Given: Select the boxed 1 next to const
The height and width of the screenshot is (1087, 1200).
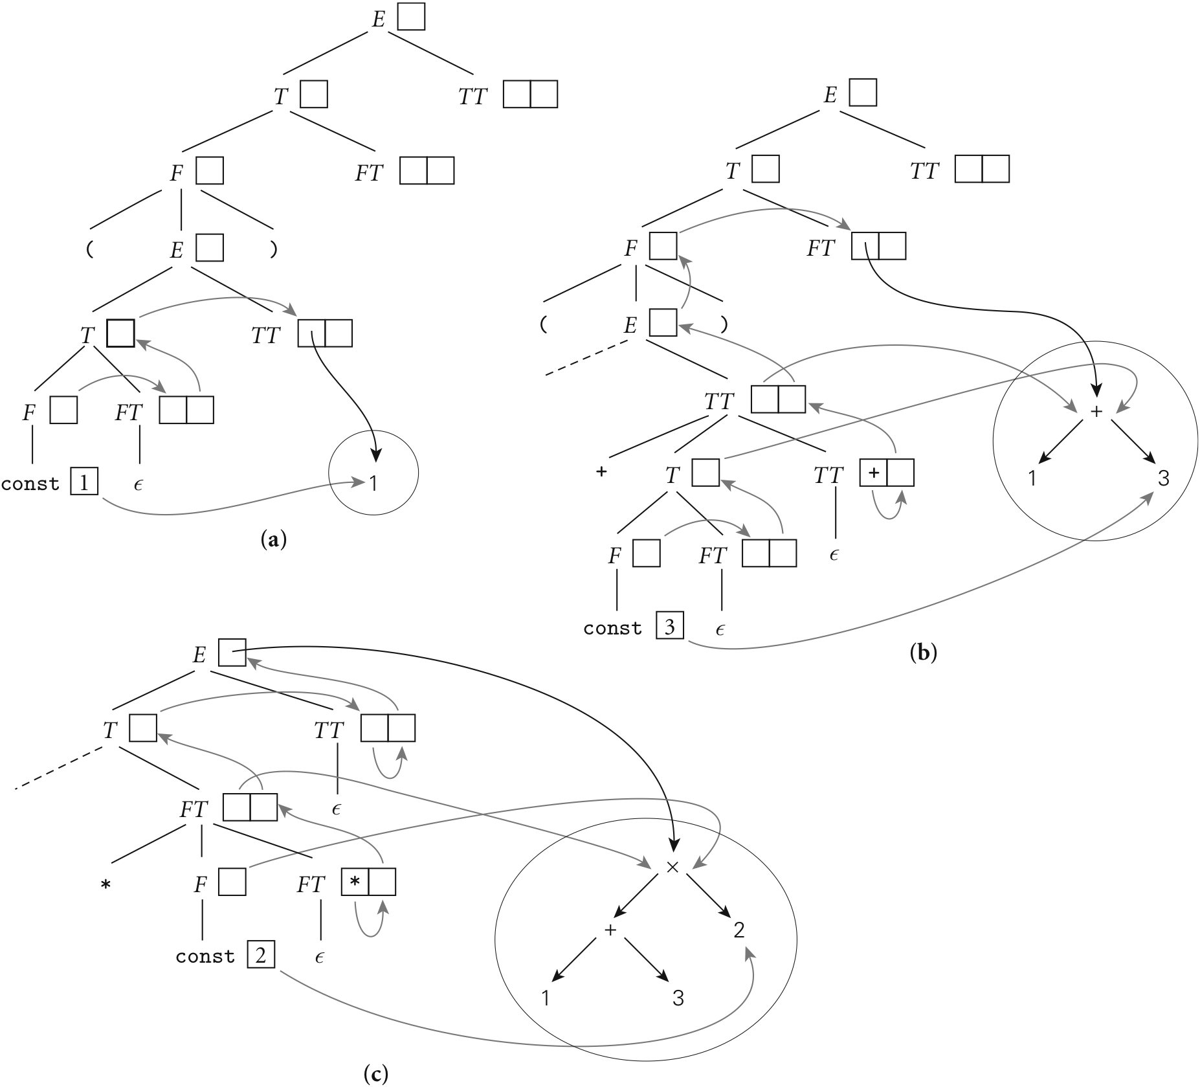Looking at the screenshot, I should click(85, 482).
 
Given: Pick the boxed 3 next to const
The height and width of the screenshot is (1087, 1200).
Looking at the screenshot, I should click(670, 627).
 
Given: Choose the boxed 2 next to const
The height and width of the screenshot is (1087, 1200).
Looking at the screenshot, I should click(261, 956).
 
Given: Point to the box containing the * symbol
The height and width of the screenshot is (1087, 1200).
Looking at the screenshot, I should click(355, 882).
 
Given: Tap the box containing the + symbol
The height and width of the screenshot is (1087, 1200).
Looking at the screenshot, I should click(874, 473).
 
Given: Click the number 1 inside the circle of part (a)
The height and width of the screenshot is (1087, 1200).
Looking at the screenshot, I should click(373, 483).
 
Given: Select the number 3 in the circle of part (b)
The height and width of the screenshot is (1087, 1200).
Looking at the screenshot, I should click(1163, 478).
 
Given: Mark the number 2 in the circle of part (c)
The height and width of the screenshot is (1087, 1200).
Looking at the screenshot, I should click(739, 931).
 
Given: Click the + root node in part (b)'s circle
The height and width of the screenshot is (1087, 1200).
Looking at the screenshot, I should click(1096, 411).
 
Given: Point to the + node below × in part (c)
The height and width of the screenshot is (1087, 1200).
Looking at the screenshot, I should click(610, 930).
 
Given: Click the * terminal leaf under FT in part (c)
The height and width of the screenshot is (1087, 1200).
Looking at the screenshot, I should click(106, 885).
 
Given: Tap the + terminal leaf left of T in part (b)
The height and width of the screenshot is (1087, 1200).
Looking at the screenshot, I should click(601, 472).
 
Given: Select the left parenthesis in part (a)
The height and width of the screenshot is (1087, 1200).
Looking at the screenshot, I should click(89, 249).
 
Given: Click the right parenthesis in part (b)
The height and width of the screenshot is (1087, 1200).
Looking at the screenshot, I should click(724, 324).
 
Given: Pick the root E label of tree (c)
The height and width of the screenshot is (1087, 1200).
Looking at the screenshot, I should click(199, 655).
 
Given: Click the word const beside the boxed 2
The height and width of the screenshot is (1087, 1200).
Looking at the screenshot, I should click(205, 957).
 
